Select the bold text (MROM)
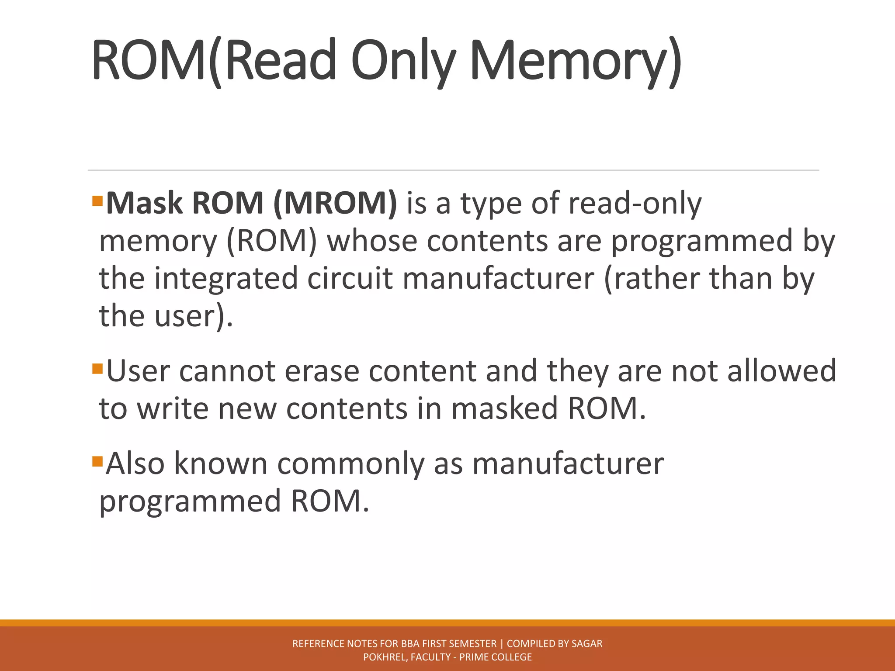pyautogui.click(x=335, y=204)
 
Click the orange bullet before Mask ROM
pyautogui.click(x=97, y=201)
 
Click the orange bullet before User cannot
pyautogui.click(x=97, y=369)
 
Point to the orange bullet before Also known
pyautogui.click(x=97, y=461)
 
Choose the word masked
pyautogui.click(x=504, y=409)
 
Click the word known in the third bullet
pyautogui.click(x=221, y=464)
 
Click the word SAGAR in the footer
pyautogui.click(x=587, y=643)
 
